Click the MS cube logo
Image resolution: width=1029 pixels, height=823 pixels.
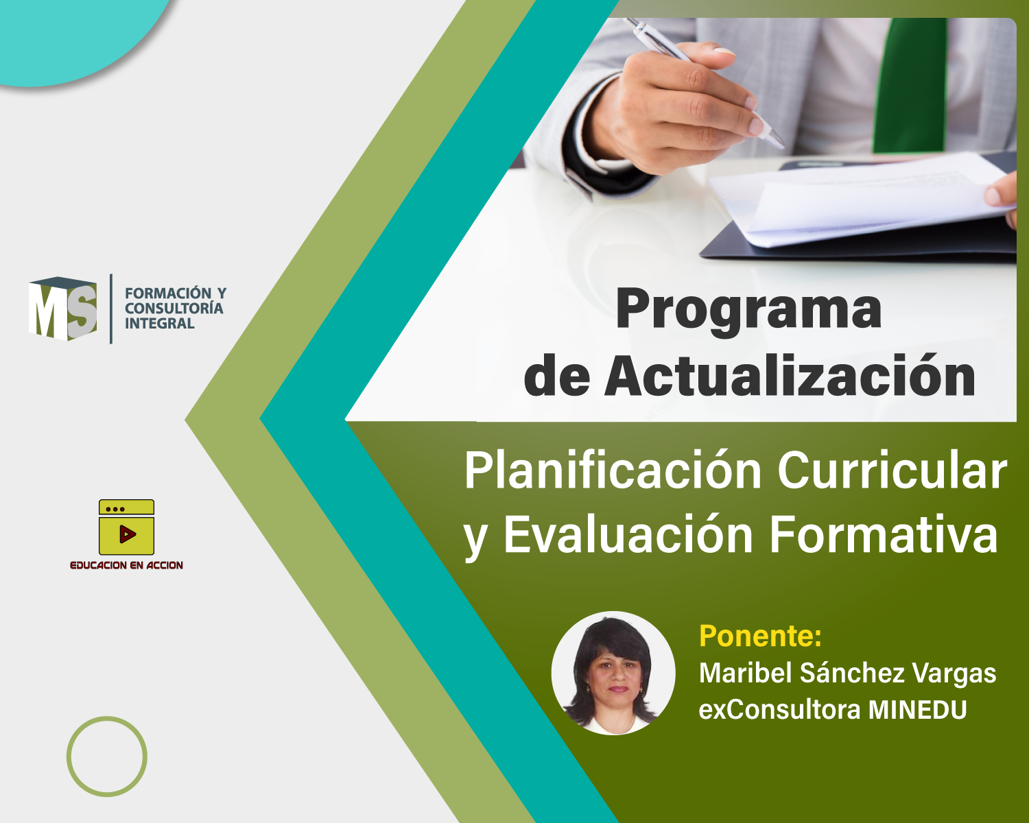tap(62, 309)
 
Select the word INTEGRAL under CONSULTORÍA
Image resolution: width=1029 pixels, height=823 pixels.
tap(160, 323)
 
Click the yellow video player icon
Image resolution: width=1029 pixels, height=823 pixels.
tap(126, 527)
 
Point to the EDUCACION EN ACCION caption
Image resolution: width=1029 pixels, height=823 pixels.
tap(127, 565)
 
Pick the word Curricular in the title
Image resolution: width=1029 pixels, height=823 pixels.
tap(892, 470)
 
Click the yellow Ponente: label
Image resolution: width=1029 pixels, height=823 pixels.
tap(760, 636)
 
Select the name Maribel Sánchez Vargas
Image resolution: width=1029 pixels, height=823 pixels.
tap(848, 673)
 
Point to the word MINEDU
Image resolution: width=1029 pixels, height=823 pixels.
tap(918, 710)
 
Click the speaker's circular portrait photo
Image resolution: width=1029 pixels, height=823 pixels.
tap(613, 673)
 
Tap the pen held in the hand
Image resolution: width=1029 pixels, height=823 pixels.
tap(704, 82)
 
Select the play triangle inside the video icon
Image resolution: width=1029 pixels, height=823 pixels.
tap(127, 534)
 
